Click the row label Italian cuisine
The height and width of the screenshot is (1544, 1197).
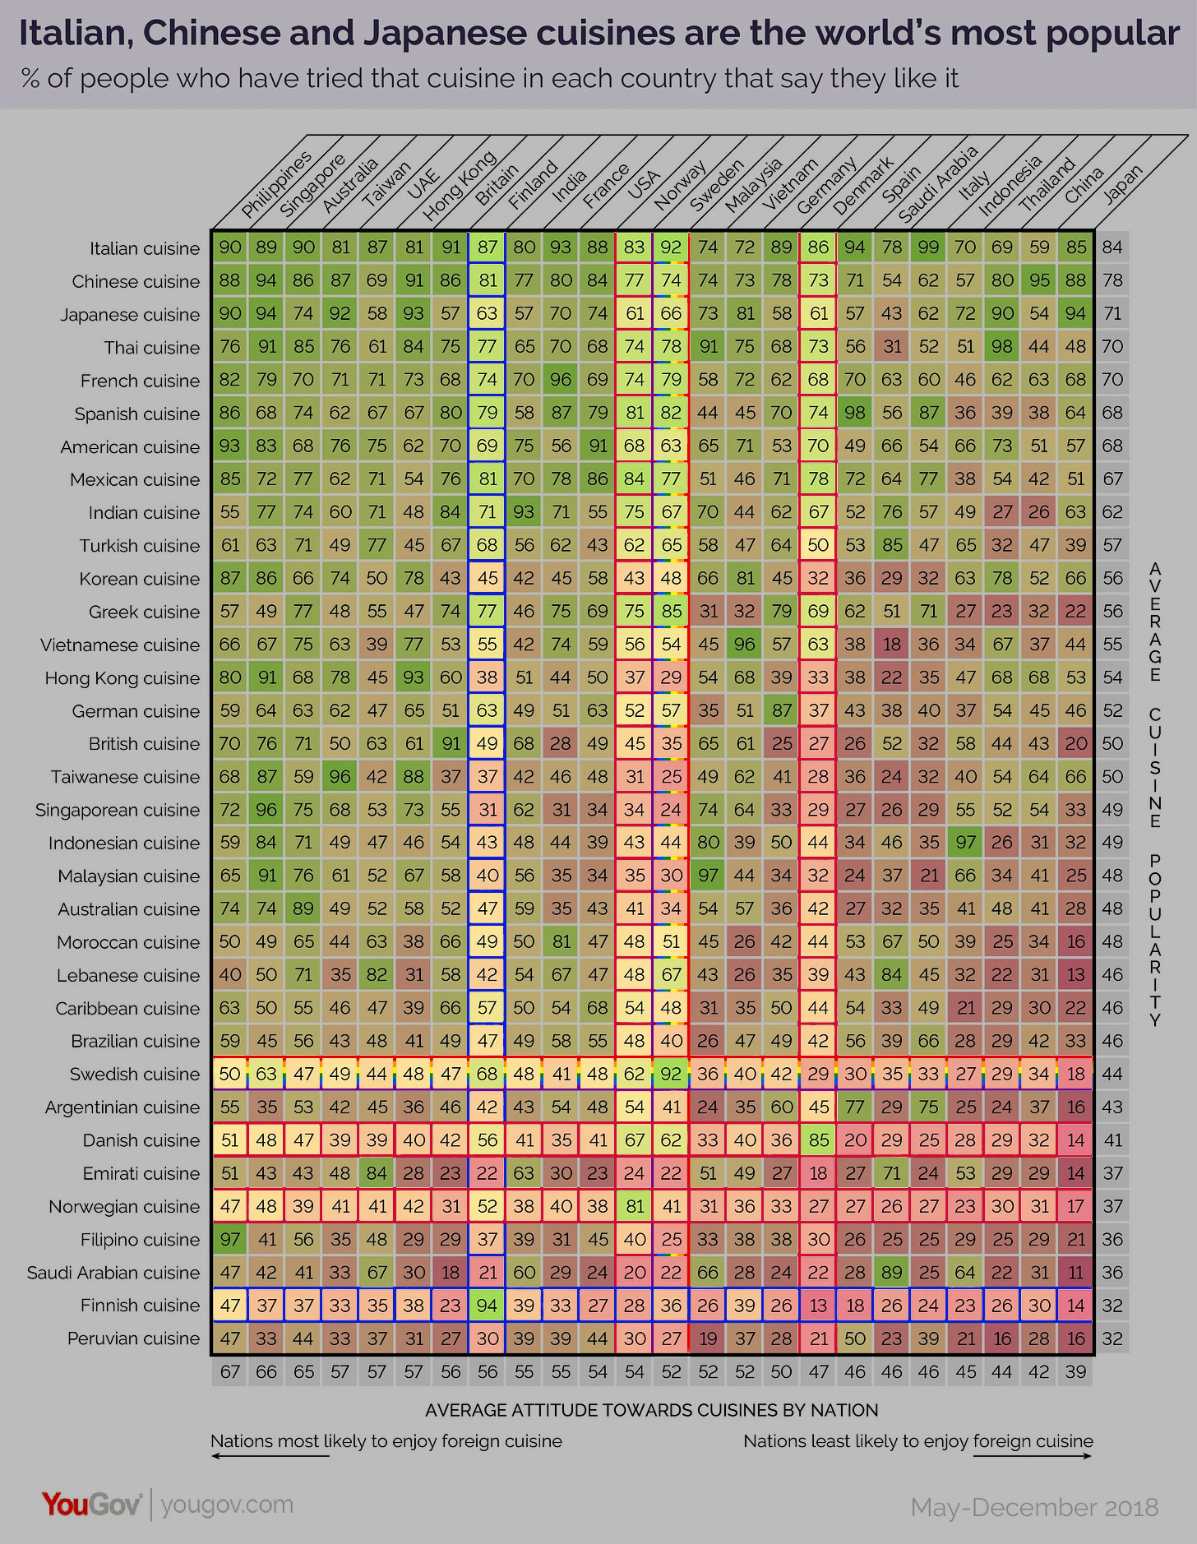coord(145,248)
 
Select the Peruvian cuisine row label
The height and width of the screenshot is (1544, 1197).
coord(133,1338)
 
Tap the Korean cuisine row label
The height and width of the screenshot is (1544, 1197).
coord(139,579)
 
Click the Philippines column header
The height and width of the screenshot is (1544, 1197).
coord(276,185)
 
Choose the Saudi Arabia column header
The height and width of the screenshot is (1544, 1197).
coord(937,183)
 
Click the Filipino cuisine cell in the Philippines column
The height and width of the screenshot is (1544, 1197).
coord(230,1239)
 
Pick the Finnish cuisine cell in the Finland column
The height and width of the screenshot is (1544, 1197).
coord(488,1305)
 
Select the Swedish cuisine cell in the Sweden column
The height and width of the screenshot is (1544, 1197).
coord(672,1074)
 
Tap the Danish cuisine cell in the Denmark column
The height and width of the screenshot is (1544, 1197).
coord(818,1140)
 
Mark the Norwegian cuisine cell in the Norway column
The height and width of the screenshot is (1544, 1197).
coord(635,1206)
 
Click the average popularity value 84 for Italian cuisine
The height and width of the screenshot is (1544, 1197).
coord(1112,247)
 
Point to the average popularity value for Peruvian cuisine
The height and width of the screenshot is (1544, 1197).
coord(1112,1338)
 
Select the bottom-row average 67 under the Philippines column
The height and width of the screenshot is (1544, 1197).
coord(230,1371)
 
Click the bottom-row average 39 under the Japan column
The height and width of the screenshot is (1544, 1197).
coord(1075,1371)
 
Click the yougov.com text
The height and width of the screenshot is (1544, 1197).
coord(227,1505)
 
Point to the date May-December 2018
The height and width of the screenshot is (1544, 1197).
coord(1034,1507)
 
